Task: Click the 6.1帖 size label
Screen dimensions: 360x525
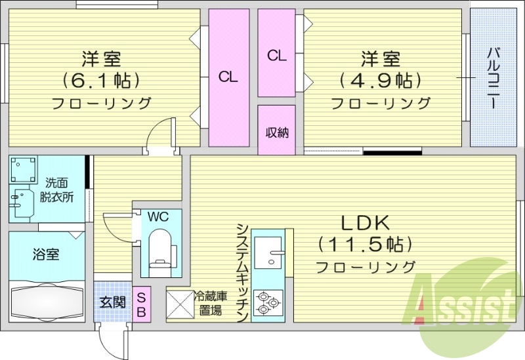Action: coord(102,81)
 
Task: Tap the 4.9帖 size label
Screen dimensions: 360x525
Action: coord(381,81)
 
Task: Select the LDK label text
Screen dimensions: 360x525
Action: coord(365,222)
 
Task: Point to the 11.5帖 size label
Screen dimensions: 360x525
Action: coord(365,245)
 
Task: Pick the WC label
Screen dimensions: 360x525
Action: coord(157,216)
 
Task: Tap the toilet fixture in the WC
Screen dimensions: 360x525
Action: coord(159,247)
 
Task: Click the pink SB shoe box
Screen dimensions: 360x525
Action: coord(141,305)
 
